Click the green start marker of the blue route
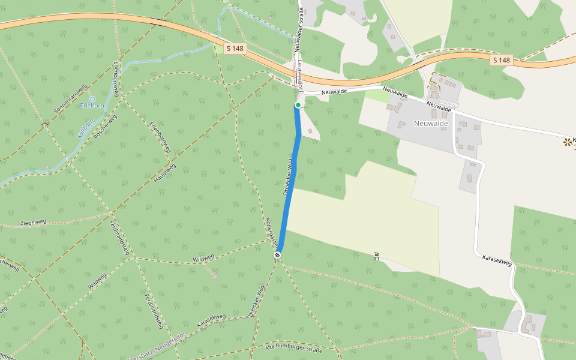298,105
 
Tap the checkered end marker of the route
278,255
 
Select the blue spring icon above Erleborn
92,98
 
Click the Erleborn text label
92,107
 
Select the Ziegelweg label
33,223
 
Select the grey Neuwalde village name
431,123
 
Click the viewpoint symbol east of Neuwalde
566,142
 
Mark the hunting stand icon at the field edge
376,257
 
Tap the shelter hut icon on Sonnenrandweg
45,125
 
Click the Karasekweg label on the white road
497,260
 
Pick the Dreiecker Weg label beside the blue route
287,177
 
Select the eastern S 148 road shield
502,60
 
